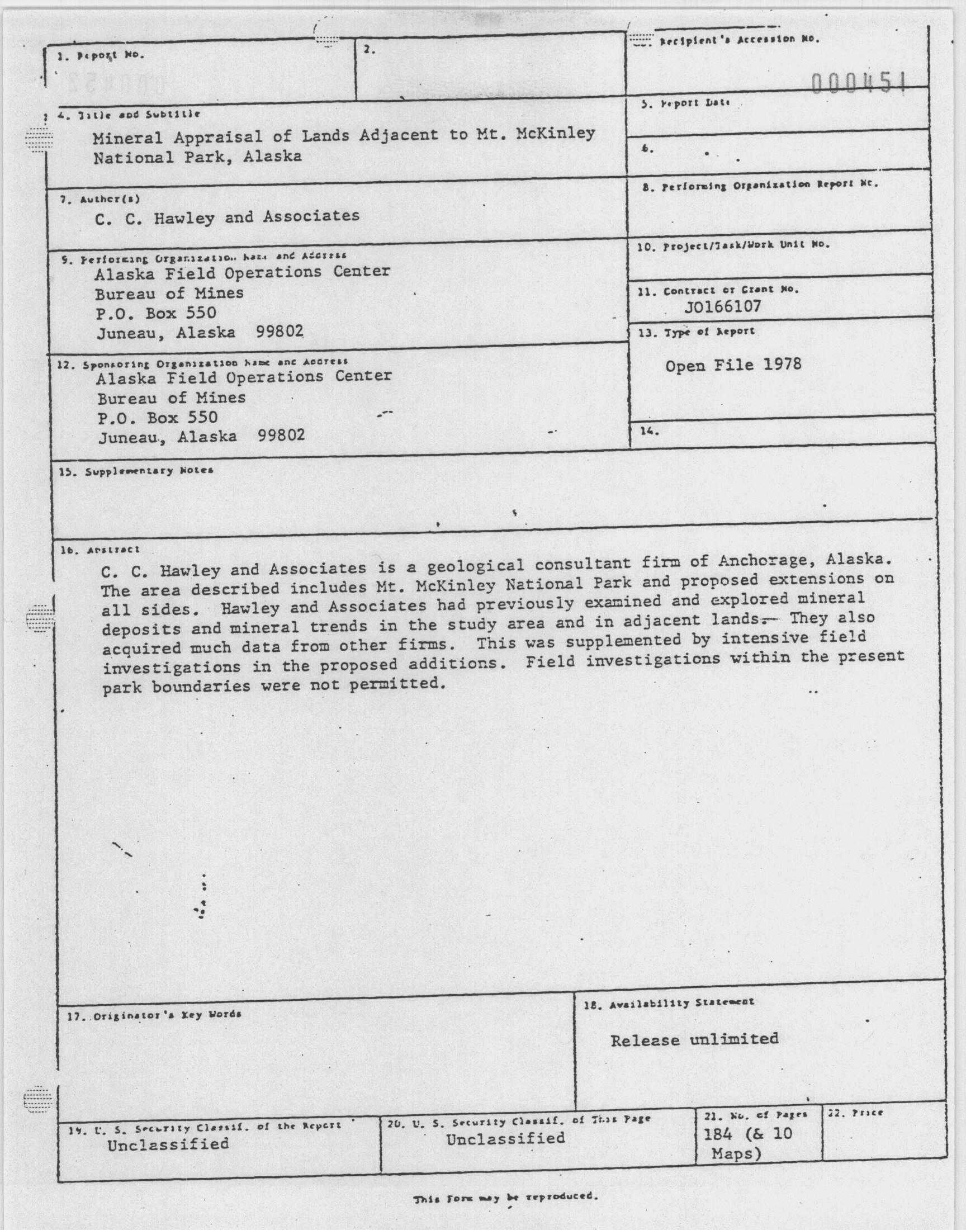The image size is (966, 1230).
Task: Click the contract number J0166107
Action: [722, 306]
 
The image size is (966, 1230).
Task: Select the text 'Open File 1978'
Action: [733, 365]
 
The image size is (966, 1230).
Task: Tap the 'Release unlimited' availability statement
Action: [694, 1039]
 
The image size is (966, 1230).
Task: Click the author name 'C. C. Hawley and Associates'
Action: [227, 217]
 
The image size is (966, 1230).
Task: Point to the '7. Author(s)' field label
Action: [100, 199]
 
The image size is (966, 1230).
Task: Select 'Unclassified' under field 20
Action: [505, 1138]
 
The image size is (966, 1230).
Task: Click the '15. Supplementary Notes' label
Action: [136, 471]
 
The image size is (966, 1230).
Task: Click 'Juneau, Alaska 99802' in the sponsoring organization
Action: [201, 436]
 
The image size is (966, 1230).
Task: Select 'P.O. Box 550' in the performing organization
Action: [156, 312]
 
